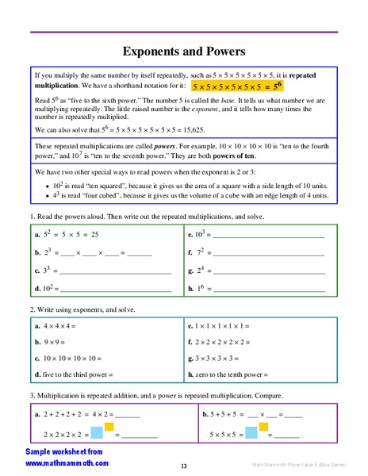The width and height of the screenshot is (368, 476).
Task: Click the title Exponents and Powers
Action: [183, 52]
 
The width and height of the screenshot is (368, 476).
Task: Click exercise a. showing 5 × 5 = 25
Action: [67, 235]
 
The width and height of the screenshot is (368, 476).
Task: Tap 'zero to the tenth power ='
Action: [229, 374]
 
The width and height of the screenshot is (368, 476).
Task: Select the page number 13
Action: [183, 466]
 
